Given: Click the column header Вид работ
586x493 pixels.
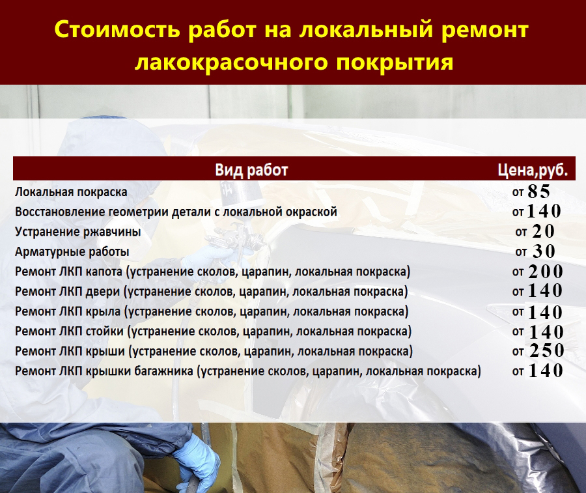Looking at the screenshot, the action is (x=251, y=170).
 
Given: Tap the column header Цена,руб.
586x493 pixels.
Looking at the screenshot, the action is (x=533, y=170).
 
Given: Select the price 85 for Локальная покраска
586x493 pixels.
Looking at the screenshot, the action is (x=539, y=191).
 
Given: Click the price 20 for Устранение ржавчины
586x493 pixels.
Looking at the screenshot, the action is (x=543, y=231).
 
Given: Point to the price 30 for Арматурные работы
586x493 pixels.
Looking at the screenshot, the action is (x=544, y=251).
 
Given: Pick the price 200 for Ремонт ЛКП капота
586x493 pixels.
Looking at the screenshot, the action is (x=546, y=272).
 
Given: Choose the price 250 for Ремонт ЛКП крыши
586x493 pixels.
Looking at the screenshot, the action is (x=547, y=350).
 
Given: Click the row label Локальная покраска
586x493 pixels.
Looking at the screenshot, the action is (x=71, y=192).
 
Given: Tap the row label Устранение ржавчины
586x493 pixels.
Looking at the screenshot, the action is (x=77, y=232).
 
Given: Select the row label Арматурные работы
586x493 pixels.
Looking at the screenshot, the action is (x=72, y=252).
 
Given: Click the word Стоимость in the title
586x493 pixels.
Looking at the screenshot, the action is (x=117, y=29).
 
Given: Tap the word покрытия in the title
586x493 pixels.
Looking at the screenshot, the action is (x=395, y=63).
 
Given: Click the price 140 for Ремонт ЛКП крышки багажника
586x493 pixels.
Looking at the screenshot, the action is (x=546, y=371).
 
